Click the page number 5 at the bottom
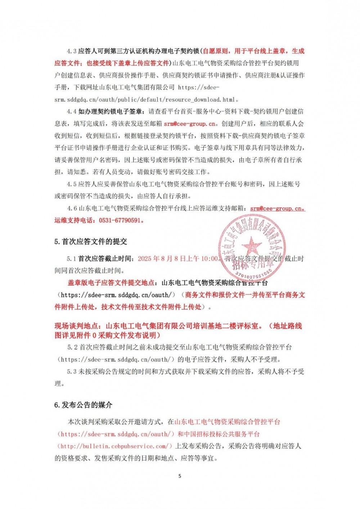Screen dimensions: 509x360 point(180,476)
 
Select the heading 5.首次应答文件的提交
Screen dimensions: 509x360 point(91,242)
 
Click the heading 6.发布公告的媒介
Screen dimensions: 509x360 point(83,405)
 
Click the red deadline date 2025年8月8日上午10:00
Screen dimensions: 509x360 point(178,258)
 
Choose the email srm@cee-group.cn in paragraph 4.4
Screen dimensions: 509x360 point(190,124)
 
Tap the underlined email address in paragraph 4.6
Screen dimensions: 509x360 point(278,208)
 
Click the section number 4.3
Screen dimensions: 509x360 point(72,51)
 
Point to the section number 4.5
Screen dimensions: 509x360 point(72,184)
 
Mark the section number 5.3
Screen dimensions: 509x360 point(72,371)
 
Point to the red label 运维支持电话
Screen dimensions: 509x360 point(75,220)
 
